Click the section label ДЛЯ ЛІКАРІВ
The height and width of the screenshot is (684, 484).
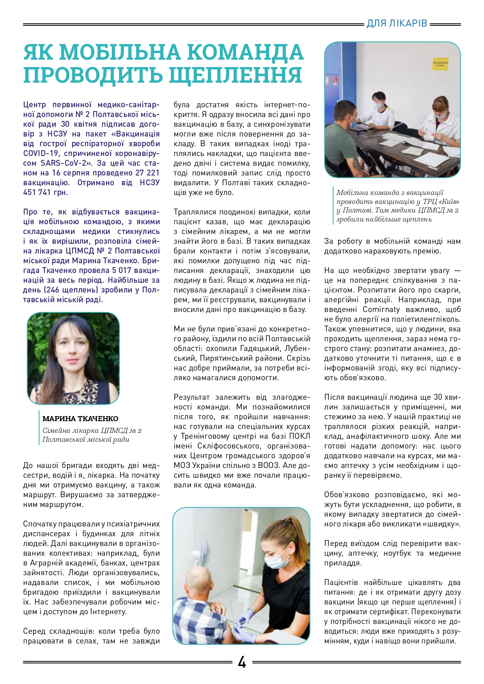tap(397, 23)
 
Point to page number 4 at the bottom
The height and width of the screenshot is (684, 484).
tap(242, 662)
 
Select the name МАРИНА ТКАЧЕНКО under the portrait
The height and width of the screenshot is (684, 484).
tap(80, 418)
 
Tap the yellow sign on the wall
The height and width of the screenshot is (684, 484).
tap(440, 64)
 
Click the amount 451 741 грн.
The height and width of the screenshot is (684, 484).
tap(46, 192)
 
